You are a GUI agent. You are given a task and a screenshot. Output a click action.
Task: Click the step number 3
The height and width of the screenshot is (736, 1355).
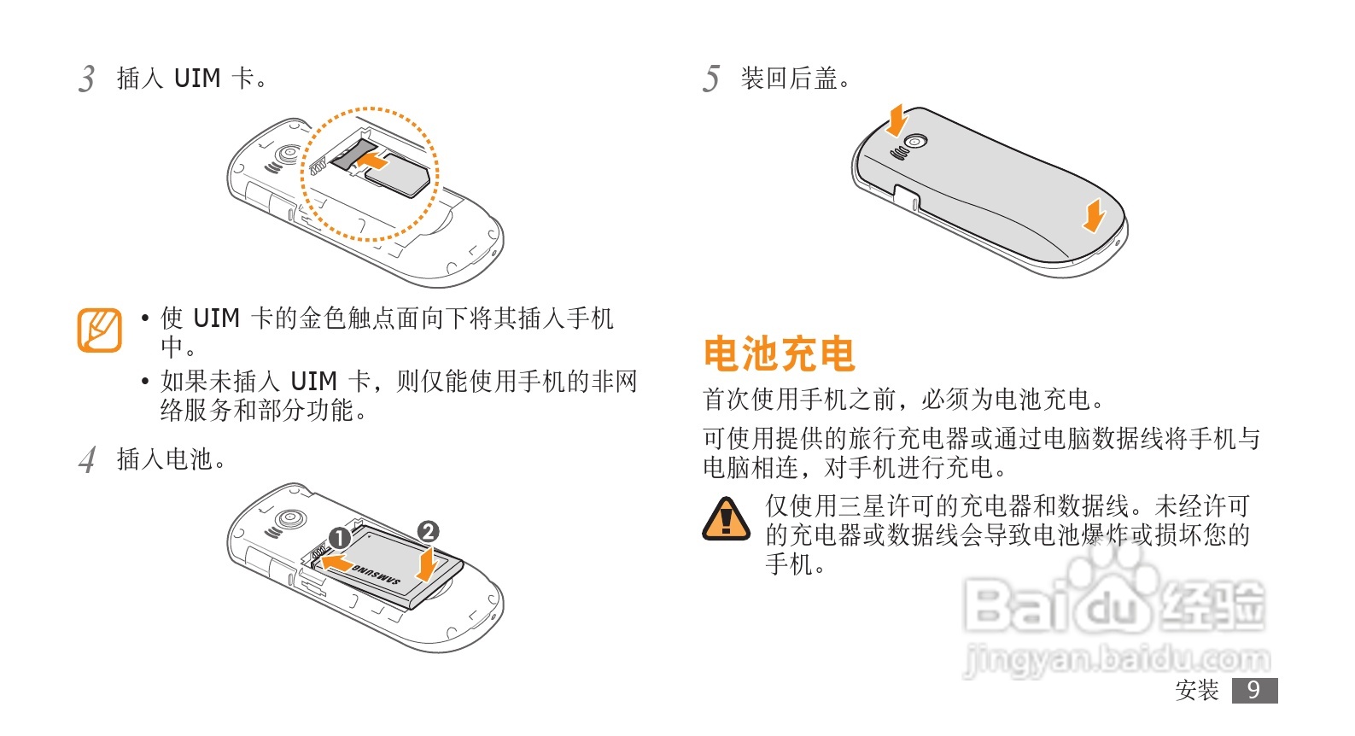coord(87,79)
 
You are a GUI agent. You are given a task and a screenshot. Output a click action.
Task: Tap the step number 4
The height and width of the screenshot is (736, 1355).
coord(88,460)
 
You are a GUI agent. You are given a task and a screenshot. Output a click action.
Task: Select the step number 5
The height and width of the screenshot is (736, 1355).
coord(711,79)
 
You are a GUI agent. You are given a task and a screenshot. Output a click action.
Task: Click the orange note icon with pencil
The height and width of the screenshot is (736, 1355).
coord(100,330)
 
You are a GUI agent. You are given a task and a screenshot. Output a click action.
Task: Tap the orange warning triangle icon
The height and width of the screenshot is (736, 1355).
coord(726,519)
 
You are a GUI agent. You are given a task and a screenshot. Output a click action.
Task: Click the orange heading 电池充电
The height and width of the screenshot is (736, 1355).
coord(780,353)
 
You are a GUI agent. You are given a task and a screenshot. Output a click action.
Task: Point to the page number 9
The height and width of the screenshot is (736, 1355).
coord(1254,690)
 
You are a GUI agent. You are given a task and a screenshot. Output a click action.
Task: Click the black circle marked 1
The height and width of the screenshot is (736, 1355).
coord(339,538)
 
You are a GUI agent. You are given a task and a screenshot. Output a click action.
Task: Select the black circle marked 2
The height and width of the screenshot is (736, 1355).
coord(428,532)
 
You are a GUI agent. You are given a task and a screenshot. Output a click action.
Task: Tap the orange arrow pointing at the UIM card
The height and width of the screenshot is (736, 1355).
coord(372,161)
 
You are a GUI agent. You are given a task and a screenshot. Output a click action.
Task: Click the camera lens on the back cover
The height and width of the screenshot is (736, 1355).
coord(915,142)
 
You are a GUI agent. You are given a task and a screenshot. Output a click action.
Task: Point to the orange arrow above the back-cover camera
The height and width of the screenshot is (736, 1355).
coord(897,120)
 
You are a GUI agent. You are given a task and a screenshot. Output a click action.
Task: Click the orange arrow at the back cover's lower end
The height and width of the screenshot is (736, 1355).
coord(1094,217)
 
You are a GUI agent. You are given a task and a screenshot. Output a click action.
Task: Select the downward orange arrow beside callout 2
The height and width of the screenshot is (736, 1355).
coord(428,564)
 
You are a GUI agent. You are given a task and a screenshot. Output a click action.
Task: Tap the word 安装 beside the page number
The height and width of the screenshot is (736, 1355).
coord(1197,690)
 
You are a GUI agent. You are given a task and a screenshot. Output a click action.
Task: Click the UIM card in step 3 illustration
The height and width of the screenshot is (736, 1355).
coord(397,175)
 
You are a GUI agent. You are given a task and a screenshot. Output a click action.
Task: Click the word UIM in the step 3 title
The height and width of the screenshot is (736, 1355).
coord(197,79)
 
